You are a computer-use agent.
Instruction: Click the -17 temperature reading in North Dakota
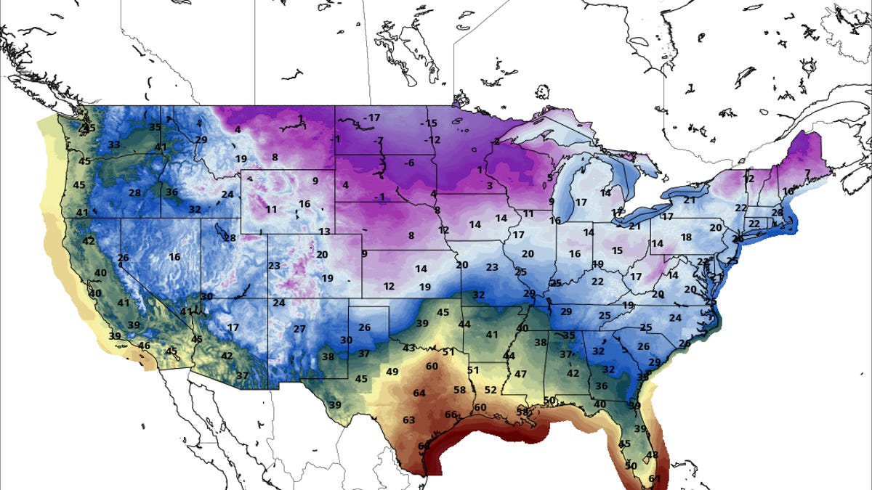coord(373,118)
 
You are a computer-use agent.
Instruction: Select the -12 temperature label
coord(432,139)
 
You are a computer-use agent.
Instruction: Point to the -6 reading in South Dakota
coord(408,163)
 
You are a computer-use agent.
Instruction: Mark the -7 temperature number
coord(378,140)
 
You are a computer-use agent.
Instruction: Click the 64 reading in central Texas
coord(419,393)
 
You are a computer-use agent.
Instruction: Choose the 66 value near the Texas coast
coord(451,415)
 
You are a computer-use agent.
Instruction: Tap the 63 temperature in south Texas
coord(408,420)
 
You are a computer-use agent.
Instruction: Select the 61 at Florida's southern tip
coord(655,478)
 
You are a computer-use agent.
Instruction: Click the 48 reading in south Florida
coord(652,455)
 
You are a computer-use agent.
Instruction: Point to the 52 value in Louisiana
coord(490,390)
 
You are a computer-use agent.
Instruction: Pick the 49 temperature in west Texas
coord(392,372)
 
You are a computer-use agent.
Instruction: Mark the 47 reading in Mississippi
coord(520,375)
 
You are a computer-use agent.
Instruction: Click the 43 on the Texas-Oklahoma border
coord(409,348)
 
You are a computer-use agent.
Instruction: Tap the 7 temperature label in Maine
coord(807,173)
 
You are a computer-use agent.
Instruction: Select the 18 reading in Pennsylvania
coord(685,237)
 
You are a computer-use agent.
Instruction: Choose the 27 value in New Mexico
coord(299,329)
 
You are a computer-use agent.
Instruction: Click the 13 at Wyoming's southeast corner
coord(324,232)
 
